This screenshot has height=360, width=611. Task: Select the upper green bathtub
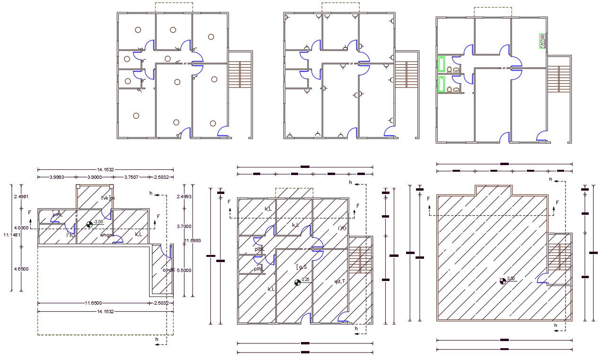(x=442, y=63)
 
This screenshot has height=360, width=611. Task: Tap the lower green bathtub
(x=442, y=84)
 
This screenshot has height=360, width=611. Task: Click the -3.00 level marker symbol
(x=90, y=224)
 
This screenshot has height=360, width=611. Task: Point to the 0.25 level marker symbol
(x=297, y=282)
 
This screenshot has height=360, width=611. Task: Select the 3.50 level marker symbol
(x=503, y=281)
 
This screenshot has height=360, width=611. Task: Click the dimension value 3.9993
(x=57, y=177)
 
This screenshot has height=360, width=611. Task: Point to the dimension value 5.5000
(x=184, y=270)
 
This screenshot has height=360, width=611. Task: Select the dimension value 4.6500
(x=21, y=269)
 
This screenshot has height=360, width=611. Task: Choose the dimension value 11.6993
(x=192, y=241)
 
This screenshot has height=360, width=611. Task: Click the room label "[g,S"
(x=301, y=267)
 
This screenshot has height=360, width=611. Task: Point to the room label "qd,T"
(x=339, y=281)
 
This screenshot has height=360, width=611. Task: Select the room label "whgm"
(x=106, y=235)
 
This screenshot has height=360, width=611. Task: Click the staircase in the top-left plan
(x=240, y=74)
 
